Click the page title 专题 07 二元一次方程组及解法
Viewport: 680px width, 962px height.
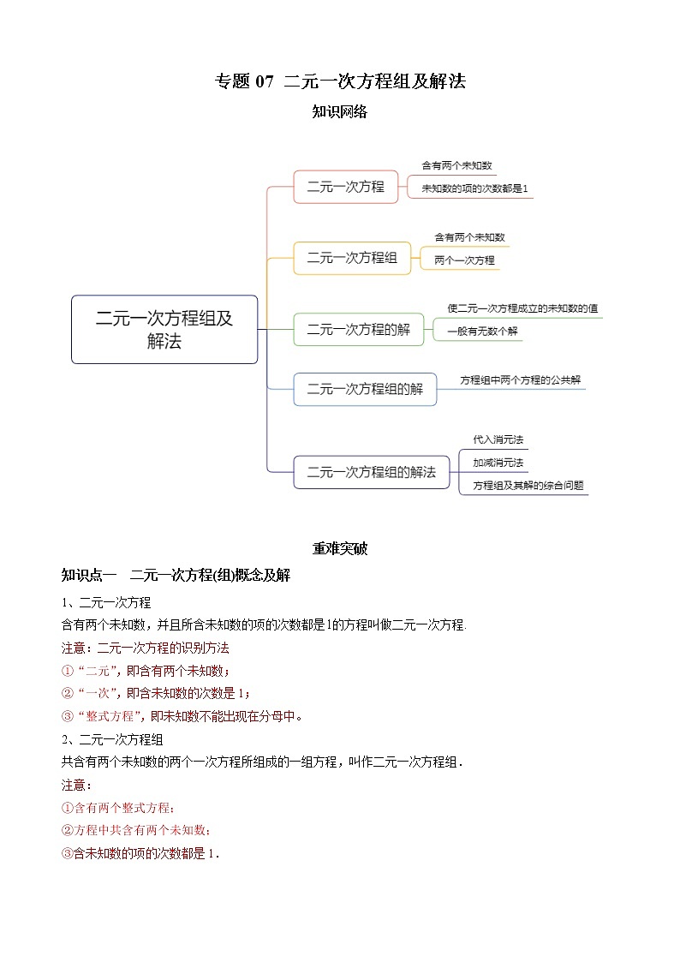(339, 82)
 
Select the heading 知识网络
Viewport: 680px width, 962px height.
(339, 111)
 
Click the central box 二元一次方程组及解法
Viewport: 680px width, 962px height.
(164, 330)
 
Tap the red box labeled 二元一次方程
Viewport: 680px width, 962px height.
(346, 187)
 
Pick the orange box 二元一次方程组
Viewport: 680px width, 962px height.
(352, 258)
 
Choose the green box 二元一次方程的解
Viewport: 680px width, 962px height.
(358, 330)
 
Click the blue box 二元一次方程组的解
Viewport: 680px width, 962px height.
(365, 389)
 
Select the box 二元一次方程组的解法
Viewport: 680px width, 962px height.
(371, 472)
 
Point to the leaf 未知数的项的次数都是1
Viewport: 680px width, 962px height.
(474, 188)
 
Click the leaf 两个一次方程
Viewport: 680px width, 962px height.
(464, 260)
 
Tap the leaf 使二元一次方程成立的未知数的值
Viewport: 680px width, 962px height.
(522, 308)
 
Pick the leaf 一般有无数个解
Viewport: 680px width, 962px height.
(483, 331)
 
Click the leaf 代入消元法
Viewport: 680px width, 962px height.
(498, 439)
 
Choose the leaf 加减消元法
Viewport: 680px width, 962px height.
(498, 463)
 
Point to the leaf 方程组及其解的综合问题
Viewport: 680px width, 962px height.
(522, 485)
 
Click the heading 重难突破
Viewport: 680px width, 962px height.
(339, 549)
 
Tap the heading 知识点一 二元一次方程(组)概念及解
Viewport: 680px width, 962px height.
(176, 576)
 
